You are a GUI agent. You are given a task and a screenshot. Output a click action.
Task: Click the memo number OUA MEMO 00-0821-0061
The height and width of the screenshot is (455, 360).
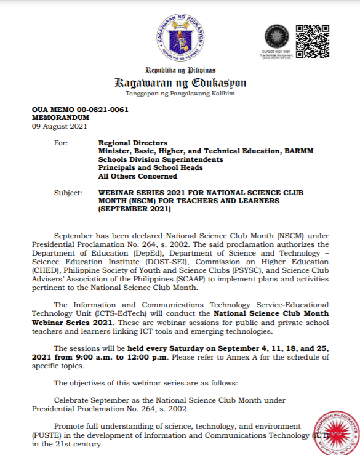click(80, 109)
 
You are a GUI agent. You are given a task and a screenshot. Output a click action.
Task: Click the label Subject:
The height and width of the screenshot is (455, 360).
click(68, 193)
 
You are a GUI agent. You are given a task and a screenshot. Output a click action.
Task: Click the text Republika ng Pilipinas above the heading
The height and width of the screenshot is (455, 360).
click(180, 70)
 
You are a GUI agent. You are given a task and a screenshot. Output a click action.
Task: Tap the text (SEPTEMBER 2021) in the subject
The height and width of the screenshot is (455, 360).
click(134, 209)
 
